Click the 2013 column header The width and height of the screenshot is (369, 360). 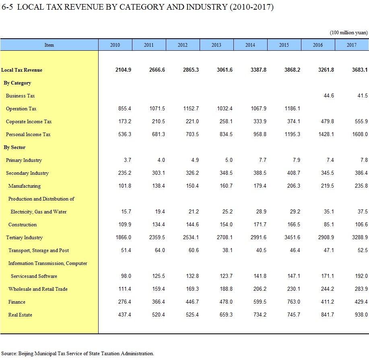pos(216,45)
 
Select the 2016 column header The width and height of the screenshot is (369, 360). pos(318,45)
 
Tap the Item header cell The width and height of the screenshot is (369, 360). pos(49,45)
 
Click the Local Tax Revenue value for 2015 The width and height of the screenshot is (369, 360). pos(292,70)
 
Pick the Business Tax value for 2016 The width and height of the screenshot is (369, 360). pos(329,95)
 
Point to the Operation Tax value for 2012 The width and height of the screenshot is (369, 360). pos(191,109)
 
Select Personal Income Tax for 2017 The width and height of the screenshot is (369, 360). pos(360,134)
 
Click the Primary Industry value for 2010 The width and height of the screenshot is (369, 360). pos(128,160)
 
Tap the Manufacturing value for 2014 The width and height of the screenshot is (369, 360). pos(260,186)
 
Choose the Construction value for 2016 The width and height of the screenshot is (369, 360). pos(329,224)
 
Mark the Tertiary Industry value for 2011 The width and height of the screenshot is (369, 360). pos(157,237)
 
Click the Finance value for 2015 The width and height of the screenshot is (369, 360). pos(293,302)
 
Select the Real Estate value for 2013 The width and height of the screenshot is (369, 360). pos(226,315)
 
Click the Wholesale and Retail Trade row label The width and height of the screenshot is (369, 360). pos(38,289)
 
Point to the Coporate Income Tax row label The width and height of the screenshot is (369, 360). pos(29,122)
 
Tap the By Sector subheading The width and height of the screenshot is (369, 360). pos(14,147)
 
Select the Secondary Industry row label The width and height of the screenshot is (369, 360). pos(27,173)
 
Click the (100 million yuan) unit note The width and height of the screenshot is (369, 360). pos(348,33)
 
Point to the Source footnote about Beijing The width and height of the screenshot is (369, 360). pos(78,354)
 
